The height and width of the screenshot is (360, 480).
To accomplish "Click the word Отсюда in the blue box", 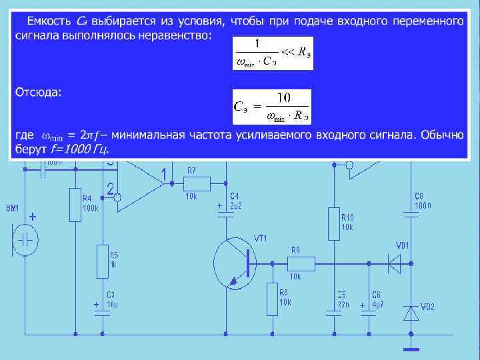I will pos(38,92).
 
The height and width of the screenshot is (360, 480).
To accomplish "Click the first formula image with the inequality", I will pos(273,53).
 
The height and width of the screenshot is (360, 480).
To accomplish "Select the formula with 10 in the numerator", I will pos(271,106).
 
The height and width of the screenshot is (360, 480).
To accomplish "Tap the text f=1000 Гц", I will pos(79,148).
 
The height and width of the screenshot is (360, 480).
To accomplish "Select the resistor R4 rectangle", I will pos(75,205).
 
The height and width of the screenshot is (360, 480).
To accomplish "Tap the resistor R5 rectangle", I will pos(103,261).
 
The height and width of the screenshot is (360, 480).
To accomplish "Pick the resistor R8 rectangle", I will pos(272,299).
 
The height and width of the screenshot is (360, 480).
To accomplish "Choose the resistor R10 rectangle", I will pos(333,223).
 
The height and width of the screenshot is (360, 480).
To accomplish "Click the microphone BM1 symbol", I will pos(27,239).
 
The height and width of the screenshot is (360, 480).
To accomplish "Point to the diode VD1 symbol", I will pos(395,263).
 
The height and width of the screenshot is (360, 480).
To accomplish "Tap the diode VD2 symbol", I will pos(411,312).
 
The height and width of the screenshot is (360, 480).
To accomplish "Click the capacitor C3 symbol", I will pos(103,313).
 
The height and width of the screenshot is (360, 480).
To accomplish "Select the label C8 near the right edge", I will pos(419,196).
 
